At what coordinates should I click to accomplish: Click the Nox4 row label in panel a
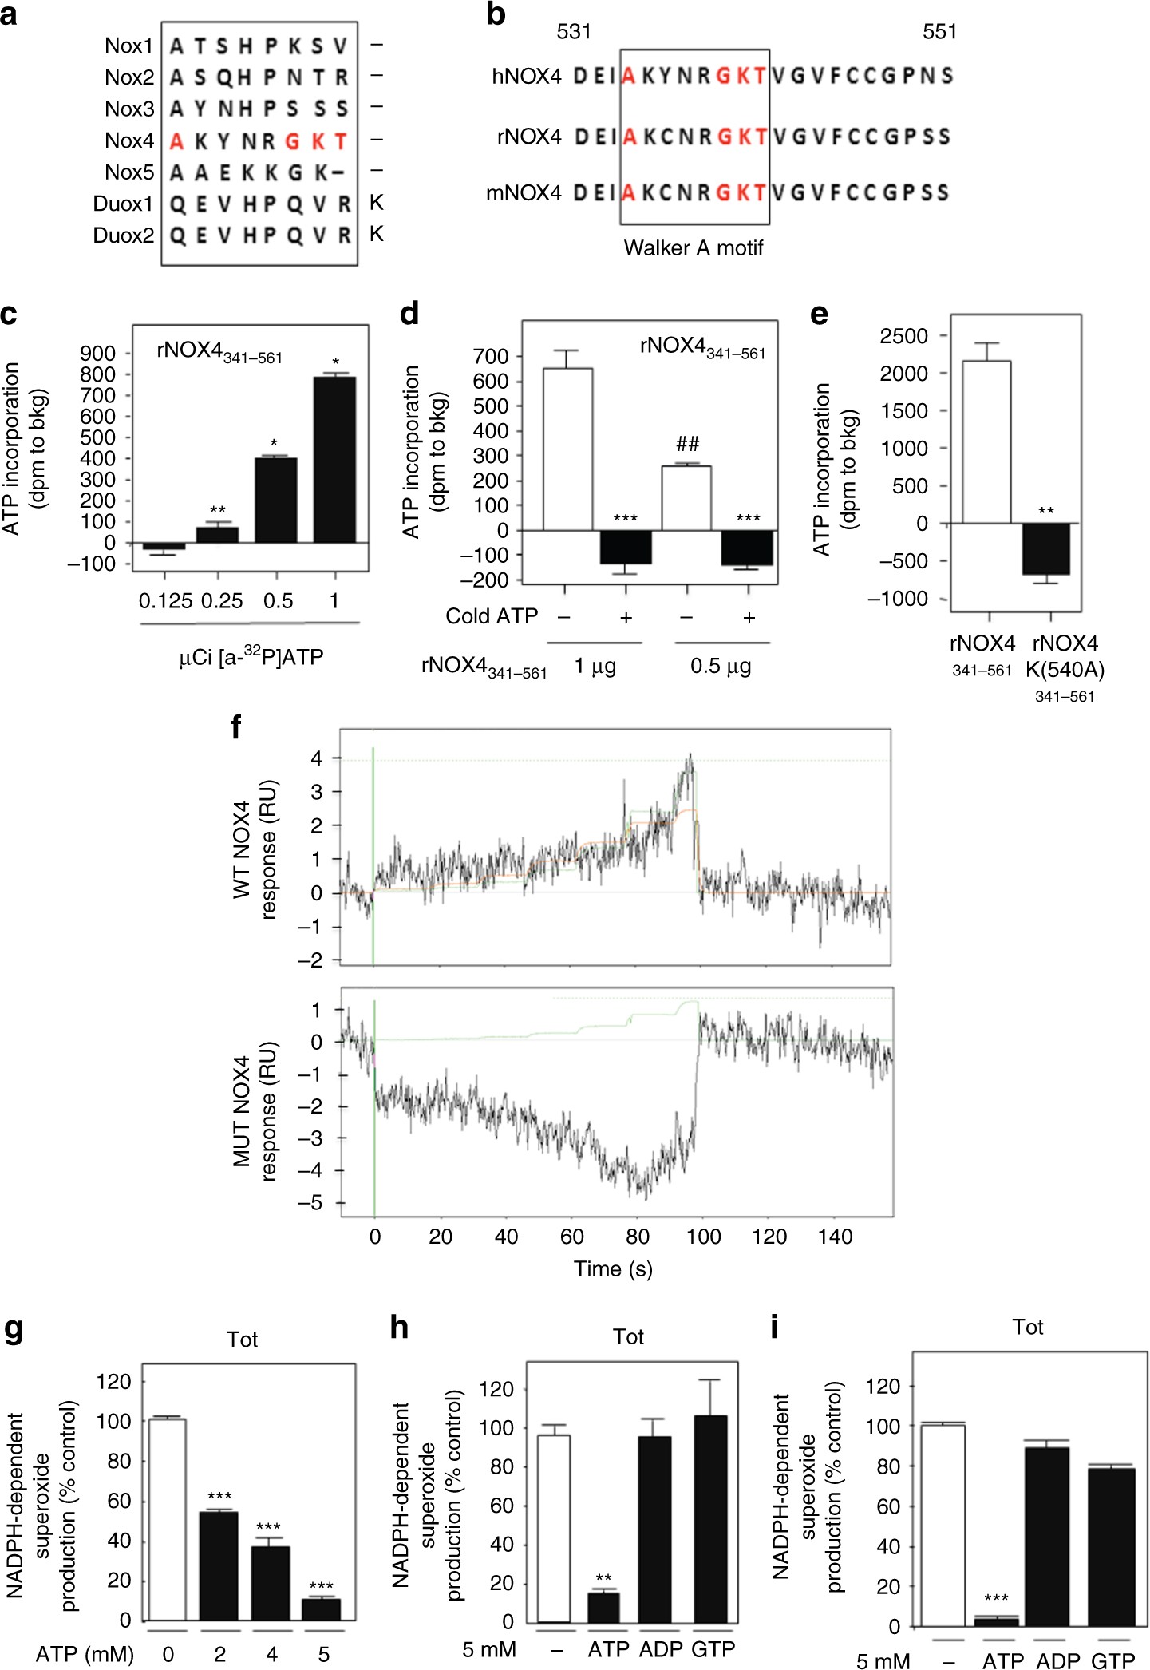[128, 140]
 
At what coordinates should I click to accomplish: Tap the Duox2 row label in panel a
[123, 235]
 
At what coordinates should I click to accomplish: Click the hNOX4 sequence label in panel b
[527, 77]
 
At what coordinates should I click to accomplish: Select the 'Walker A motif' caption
[693, 248]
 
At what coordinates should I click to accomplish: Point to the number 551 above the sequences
[939, 32]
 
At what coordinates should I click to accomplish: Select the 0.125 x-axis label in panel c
[165, 601]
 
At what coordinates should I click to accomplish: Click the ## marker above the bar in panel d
[687, 445]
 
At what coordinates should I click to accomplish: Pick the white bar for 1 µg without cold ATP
[567, 449]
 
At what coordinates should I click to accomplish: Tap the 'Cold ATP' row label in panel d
[492, 616]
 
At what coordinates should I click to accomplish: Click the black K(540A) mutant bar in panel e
[1046, 548]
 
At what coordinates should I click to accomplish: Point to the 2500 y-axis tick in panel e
[904, 336]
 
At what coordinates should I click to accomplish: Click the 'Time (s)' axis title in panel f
[613, 1269]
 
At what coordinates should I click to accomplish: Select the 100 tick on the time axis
[704, 1237]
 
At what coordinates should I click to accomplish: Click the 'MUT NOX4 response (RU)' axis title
[255, 1110]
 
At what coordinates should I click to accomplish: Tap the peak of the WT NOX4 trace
[690, 756]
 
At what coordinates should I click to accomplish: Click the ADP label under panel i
[1057, 1661]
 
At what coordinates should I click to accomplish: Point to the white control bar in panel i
[943, 1525]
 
